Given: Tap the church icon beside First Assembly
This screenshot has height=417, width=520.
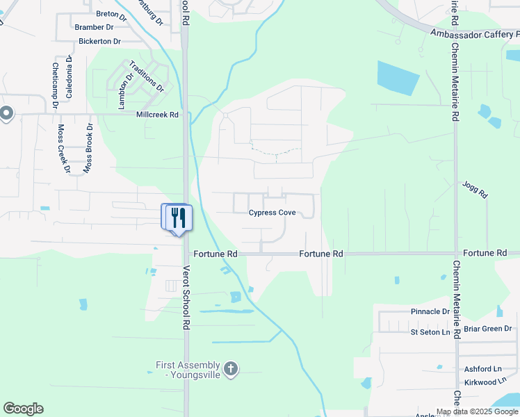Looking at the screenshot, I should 231,369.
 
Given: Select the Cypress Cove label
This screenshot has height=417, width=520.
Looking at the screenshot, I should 277,213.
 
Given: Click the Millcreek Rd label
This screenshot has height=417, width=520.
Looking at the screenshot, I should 158,115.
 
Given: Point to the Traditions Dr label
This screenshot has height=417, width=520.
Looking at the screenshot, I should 151,79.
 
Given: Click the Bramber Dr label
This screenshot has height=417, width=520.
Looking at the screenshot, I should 94,27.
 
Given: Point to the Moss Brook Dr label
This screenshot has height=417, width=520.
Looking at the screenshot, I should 88,148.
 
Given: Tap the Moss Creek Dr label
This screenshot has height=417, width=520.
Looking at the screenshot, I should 64,149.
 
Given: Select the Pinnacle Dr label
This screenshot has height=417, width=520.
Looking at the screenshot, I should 430,311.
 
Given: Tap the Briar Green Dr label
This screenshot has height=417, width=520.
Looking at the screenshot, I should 487,329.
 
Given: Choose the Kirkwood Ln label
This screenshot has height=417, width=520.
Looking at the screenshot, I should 481,382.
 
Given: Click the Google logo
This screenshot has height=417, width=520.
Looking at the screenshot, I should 23,409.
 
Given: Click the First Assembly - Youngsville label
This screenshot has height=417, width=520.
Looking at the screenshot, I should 187,370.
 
